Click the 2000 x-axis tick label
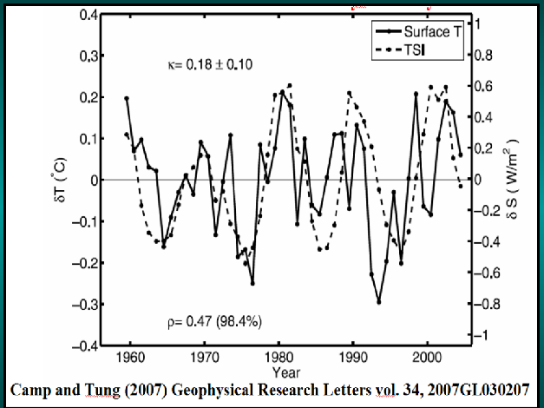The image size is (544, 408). coord(427,356)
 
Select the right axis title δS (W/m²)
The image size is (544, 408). coord(513,180)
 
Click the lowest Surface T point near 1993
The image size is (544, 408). coord(379,302)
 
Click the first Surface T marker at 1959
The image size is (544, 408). coord(127,99)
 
